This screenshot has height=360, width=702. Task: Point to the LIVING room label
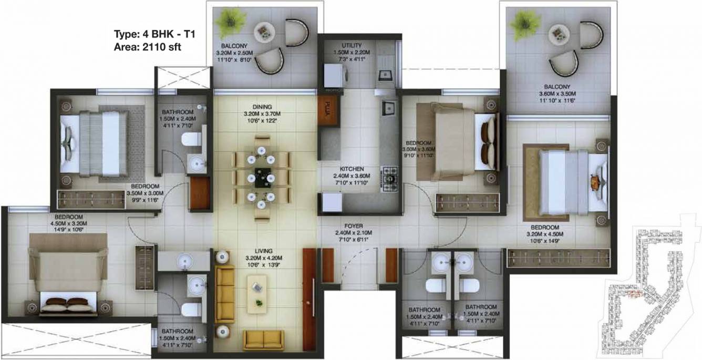pyautogui.click(x=262, y=251)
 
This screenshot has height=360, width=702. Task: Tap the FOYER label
pyautogui.click(x=354, y=226)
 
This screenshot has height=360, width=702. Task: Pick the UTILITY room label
pyautogui.click(x=351, y=45)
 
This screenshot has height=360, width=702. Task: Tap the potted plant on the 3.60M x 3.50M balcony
pyautogui.click(x=524, y=23)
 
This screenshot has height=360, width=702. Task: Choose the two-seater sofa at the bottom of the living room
pyautogui.click(x=263, y=340)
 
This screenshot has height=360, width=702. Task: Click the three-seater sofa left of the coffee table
pyautogui.click(x=225, y=293)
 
